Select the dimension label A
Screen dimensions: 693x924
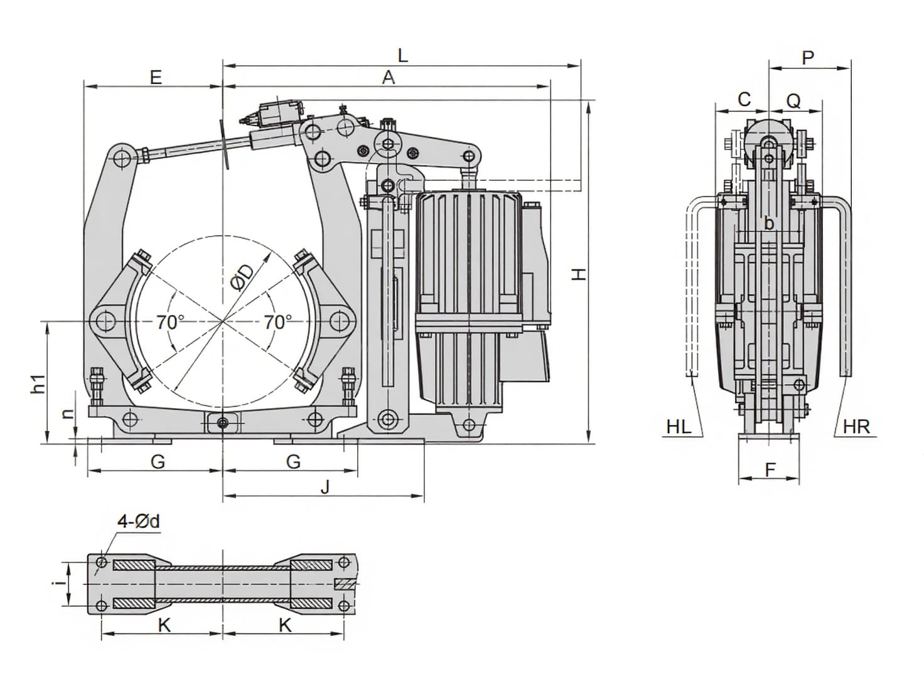click(x=389, y=77)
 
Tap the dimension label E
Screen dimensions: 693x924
click(x=156, y=77)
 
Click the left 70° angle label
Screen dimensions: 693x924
click(x=170, y=322)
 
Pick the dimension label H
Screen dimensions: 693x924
click(x=579, y=274)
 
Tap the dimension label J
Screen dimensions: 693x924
click(x=325, y=486)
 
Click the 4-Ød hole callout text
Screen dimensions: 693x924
click(x=139, y=521)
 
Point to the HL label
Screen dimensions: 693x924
click(x=679, y=427)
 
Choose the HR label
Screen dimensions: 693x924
click(x=856, y=427)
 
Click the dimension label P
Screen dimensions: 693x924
click(x=808, y=58)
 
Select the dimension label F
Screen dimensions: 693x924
click(x=770, y=469)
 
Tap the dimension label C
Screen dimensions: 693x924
click(x=744, y=99)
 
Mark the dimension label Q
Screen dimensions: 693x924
click(x=793, y=100)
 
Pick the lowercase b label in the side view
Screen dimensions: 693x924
click(x=769, y=223)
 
